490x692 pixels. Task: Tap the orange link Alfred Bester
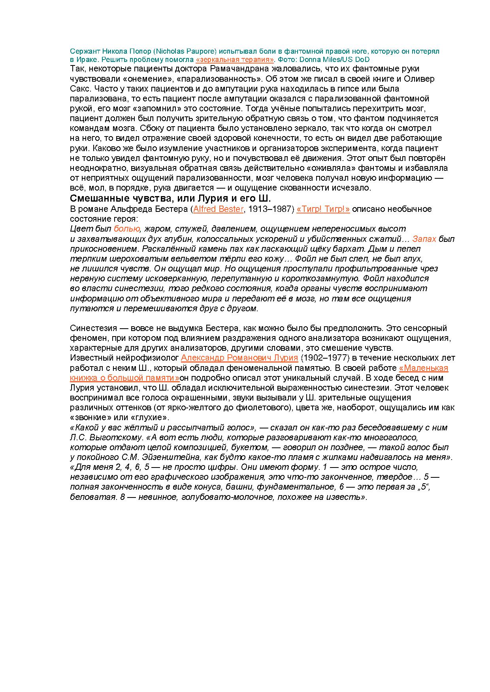point(218,209)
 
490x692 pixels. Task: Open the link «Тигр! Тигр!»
point(322,209)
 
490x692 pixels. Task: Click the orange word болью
point(127,229)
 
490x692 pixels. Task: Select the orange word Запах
point(424,239)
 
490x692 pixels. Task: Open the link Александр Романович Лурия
point(239,358)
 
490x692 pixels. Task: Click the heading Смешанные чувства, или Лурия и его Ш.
point(170,198)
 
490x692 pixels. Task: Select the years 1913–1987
point(271,209)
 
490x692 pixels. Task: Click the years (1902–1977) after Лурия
point(322,358)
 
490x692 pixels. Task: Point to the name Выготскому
point(115,438)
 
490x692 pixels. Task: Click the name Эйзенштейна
point(179,457)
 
